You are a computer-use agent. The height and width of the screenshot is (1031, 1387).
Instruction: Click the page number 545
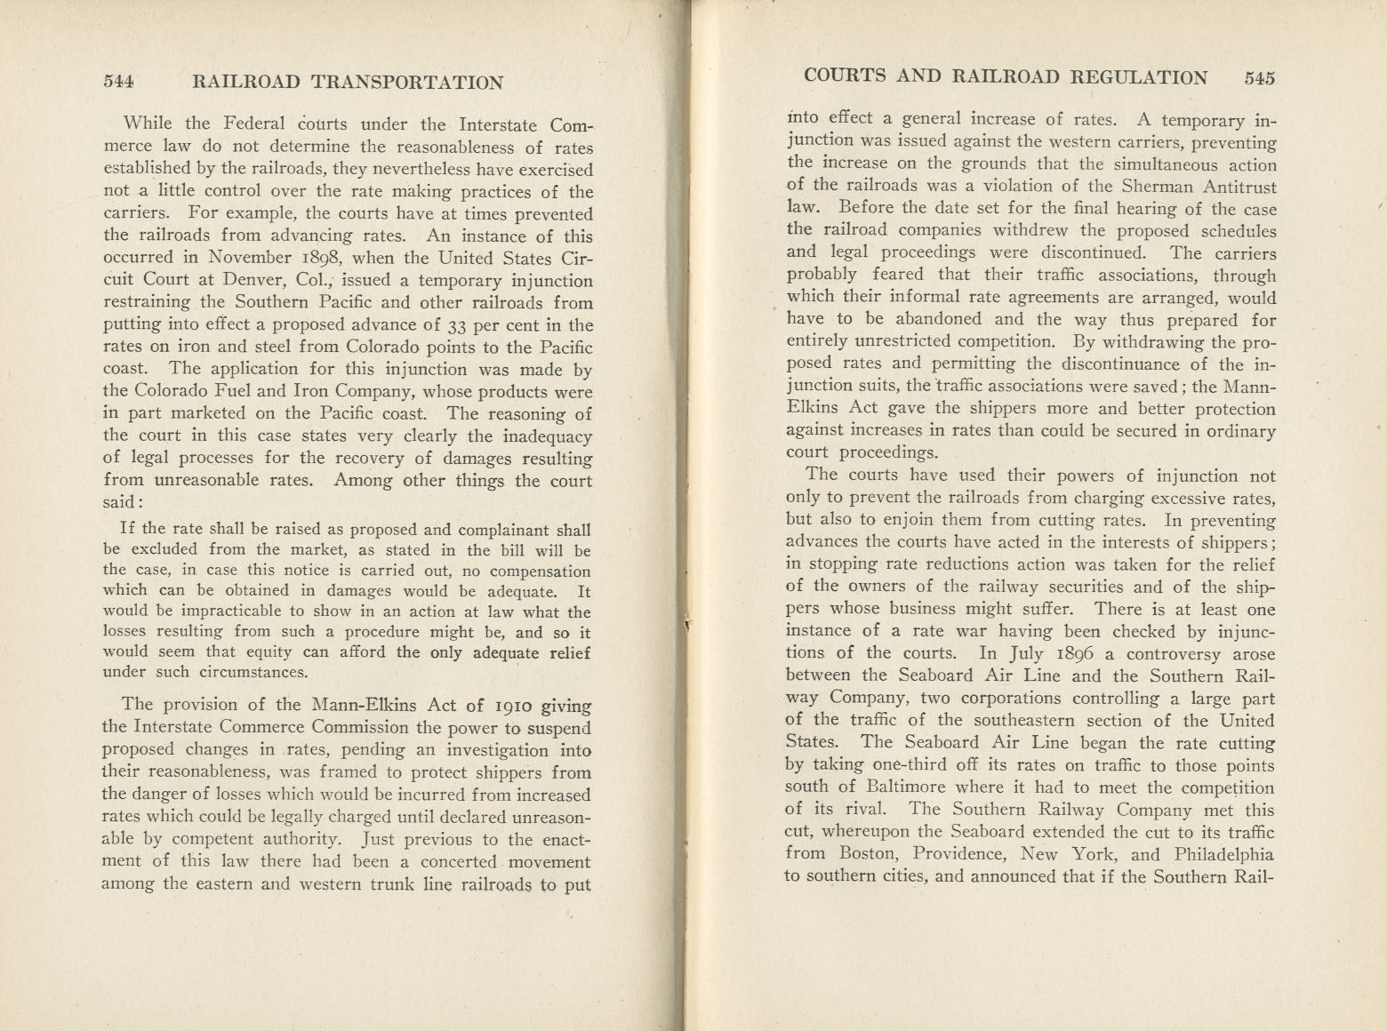[x=1260, y=77]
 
